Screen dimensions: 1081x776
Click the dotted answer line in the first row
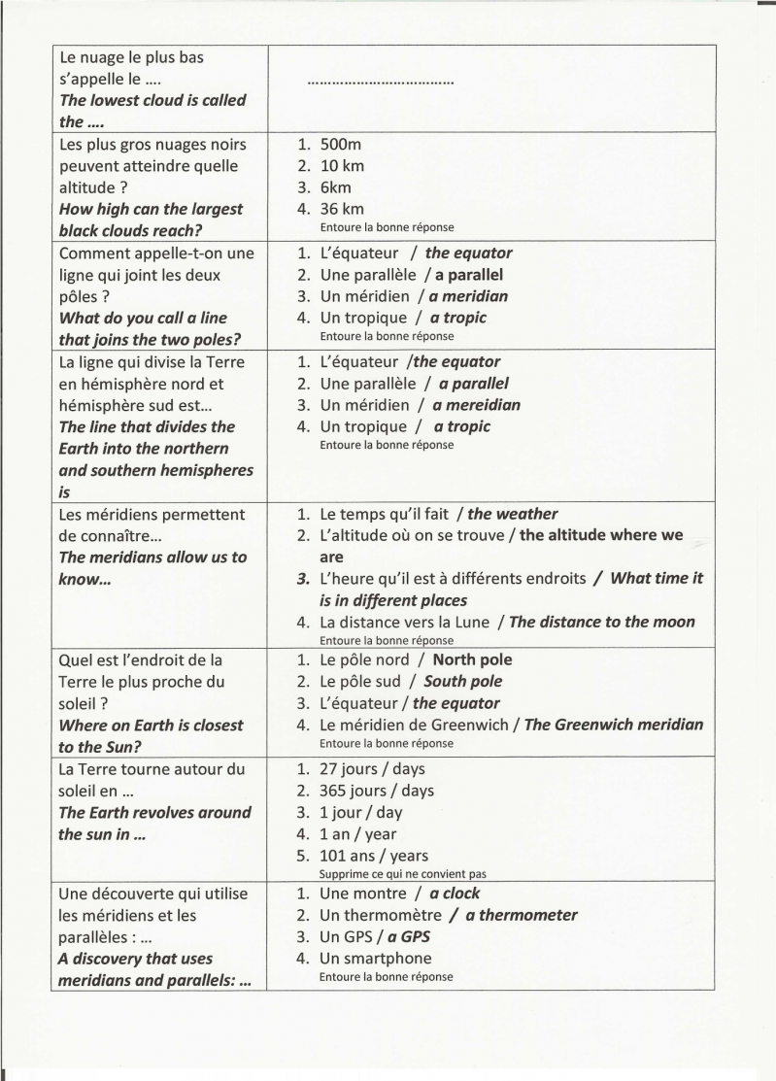(x=380, y=84)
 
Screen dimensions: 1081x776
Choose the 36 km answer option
(x=343, y=209)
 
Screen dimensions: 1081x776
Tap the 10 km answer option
(x=343, y=166)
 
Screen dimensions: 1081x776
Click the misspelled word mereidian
(x=476, y=405)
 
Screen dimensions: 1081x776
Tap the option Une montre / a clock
(x=399, y=894)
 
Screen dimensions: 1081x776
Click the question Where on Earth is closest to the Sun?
(x=151, y=736)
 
